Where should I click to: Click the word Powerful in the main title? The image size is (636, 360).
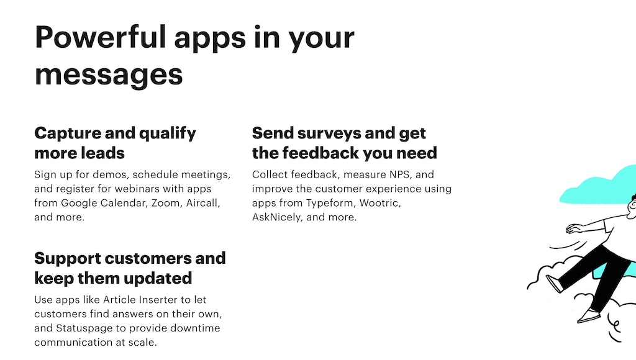tap(101, 37)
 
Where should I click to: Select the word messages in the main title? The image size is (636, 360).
tap(109, 75)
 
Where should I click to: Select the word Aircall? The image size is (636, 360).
tap(203, 203)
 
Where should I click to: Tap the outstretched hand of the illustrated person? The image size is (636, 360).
tap(574, 229)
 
